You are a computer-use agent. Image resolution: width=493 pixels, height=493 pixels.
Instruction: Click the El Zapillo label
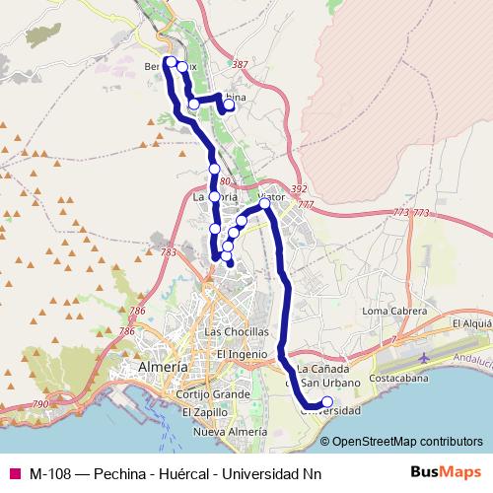(205, 412)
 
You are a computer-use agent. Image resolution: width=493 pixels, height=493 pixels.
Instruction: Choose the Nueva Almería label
(232, 432)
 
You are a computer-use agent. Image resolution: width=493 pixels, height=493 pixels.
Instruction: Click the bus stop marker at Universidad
(327, 401)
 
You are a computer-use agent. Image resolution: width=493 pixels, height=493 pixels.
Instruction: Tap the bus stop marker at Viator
(265, 203)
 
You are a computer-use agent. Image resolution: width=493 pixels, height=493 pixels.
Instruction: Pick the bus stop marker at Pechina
(230, 105)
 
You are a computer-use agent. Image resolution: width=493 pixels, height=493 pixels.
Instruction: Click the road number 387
(240, 65)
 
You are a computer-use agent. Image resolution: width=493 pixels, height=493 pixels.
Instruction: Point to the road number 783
(167, 253)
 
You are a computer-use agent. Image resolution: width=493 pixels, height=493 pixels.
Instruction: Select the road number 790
(40, 404)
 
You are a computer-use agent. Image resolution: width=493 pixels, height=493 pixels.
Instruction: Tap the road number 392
(300, 188)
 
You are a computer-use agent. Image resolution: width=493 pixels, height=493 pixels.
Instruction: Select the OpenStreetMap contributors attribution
(408, 441)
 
